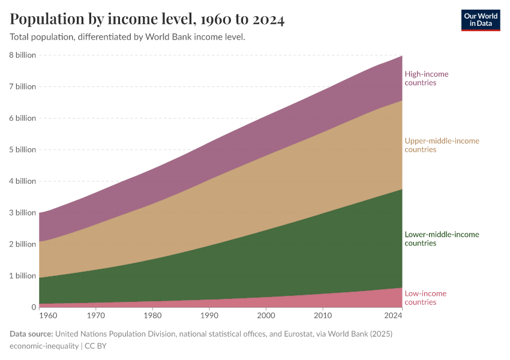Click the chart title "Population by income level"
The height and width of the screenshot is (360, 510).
tap(147, 19)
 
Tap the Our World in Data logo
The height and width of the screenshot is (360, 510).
tap(481, 20)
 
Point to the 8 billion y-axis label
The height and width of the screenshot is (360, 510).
tap(22, 55)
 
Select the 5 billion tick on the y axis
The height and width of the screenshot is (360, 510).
tap(22, 149)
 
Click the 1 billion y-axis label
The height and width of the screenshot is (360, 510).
tap(22, 275)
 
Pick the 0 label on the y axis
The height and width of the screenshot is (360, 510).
tap(34, 307)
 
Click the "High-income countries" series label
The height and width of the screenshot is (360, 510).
tap(426, 78)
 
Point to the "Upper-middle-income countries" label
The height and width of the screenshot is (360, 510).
tap(442, 145)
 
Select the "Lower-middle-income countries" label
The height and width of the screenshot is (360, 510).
tap(442, 239)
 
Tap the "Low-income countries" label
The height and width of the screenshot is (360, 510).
tap(425, 298)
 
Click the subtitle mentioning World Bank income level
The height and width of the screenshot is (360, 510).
tap(127, 37)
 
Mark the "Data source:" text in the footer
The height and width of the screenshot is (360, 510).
tap(31, 334)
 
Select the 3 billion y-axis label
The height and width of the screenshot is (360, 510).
tap(22, 212)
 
